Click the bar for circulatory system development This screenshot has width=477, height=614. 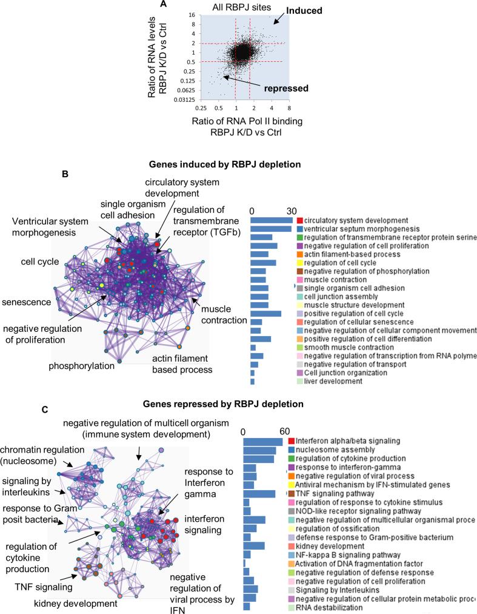point(272,220)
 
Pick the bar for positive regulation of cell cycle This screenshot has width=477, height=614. point(266,313)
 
